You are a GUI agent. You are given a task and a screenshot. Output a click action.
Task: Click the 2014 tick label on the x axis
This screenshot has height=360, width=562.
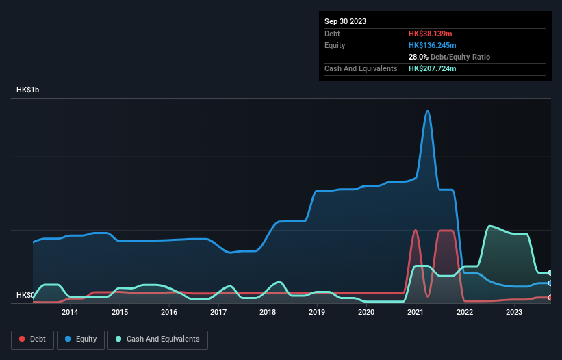(70, 313)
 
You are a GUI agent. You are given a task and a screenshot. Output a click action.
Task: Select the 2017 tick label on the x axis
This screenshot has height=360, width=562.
(218, 313)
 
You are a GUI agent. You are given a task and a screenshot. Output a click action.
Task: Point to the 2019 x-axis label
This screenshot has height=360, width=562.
(317, 313)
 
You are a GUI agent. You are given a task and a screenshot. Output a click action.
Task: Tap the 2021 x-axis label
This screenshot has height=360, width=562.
(416, 313)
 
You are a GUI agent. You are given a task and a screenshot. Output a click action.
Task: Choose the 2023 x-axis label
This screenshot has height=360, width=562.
(514, 313)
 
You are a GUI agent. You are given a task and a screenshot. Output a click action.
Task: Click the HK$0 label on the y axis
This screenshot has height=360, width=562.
(25, 295)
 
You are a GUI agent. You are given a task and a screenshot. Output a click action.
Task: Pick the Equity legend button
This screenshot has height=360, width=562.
(80, 339)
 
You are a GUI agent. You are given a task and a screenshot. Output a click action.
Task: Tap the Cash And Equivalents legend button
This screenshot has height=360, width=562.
(157, 339)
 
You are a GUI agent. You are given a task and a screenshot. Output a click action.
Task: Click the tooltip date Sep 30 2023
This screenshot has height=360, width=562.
(346, 21)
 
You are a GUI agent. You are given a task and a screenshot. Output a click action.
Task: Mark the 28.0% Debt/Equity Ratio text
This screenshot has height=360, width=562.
(449, 57)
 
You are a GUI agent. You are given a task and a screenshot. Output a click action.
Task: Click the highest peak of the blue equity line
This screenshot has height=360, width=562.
(428, 111)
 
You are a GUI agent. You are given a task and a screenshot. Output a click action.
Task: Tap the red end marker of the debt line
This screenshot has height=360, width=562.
(550, 298)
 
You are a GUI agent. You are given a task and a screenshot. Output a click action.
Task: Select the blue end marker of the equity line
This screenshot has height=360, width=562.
(550, 283)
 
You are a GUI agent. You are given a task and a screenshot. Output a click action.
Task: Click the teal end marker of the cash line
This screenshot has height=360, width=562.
(550, 272)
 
